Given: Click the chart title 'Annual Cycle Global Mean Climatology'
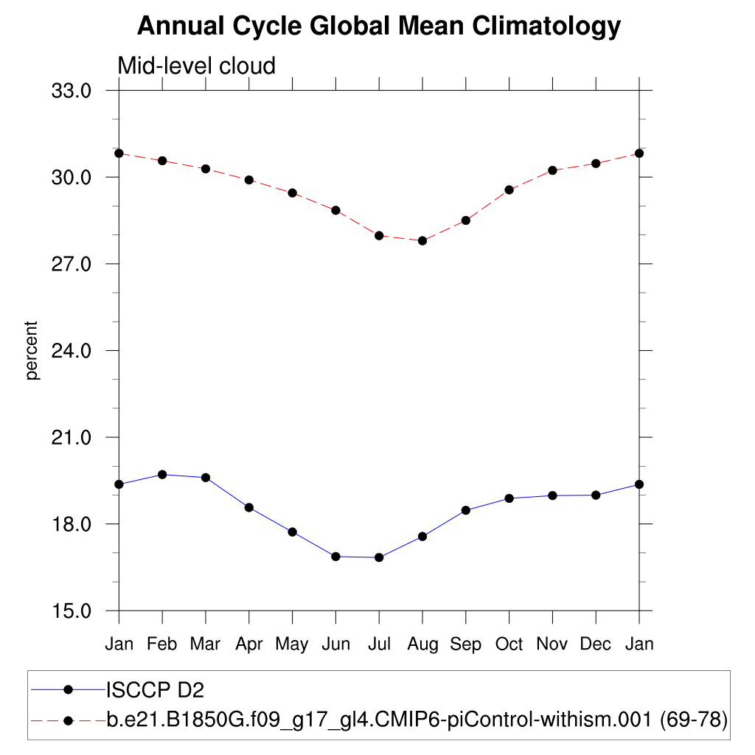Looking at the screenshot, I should point(379,27).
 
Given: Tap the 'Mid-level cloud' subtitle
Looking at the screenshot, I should point(196,66).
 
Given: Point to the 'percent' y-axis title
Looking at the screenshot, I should point(31,350).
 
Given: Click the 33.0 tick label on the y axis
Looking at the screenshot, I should point(70,91).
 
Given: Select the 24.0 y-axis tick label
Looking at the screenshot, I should point(70,351).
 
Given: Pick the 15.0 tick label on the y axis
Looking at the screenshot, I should point(70,611).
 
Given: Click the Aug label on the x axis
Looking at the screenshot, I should point(422,644).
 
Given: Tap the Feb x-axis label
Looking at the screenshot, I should point(162,644).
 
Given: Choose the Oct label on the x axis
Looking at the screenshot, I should point(509,644).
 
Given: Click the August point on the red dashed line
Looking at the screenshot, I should point(422,240).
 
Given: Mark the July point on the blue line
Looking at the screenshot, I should point(379,557).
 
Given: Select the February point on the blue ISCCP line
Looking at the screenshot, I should point(162,474).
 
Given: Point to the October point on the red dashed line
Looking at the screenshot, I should point(509,189).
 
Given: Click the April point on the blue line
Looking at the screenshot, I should point(249,507).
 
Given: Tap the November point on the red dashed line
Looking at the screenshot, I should point(552,170).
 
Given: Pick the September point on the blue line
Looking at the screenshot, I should point(466,510).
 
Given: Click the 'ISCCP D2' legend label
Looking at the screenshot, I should point(155,690).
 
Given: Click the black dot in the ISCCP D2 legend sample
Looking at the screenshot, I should point(69,690).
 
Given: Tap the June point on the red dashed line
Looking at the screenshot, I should point(335,210).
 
